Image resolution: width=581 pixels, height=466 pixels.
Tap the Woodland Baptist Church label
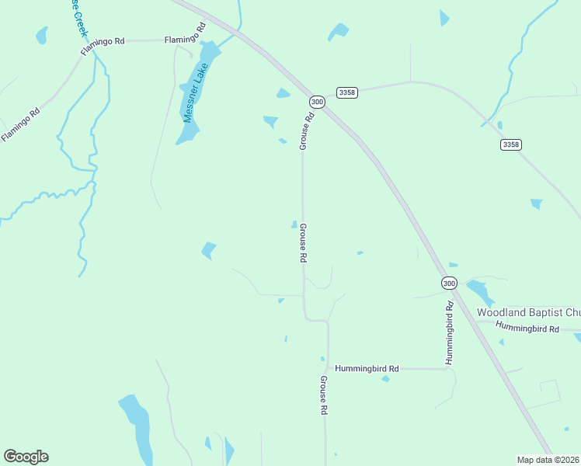[x=528, y=312]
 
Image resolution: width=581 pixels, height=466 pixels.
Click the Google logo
[x=26, y=457]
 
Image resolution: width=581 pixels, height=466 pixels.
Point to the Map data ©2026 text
[x=548, y=460]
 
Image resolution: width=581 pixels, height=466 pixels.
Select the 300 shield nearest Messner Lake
[x=317, y=102]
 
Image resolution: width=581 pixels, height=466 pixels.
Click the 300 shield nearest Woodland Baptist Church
[x=449, y=283]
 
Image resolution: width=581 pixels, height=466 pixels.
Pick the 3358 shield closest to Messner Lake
[x=347, y=92]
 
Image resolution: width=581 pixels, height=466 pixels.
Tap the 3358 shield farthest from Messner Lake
[x=511, y=144]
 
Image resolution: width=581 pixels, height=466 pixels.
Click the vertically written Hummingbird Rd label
[x=449, y=334]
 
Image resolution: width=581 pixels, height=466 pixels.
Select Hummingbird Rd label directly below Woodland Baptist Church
[x=528, y=329]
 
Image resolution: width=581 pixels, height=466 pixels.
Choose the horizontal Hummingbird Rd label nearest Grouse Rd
[x=367, y=369]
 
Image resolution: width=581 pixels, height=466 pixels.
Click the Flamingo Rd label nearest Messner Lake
[x=185, y=40]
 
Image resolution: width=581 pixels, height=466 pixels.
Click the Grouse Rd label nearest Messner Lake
[x=307, y=130]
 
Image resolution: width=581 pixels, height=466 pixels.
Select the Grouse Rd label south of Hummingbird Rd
[x=324, y=396]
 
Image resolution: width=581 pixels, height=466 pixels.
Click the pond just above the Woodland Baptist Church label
[x=478, y=292]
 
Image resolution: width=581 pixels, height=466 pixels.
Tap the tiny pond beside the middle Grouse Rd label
[x=294, y=225]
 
